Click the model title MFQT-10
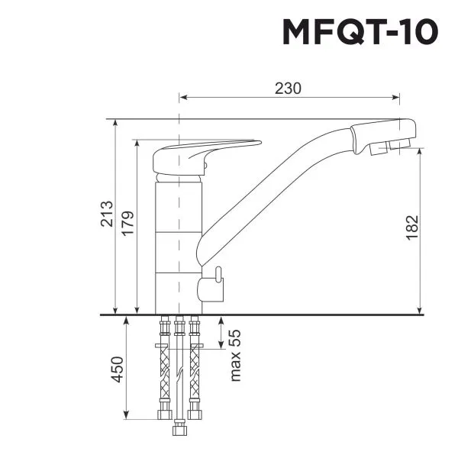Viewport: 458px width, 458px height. coord(360,33)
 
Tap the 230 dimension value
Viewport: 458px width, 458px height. coord(288,88)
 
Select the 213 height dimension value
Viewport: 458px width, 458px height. coord(106,216)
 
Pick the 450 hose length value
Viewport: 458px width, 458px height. coord(118,369)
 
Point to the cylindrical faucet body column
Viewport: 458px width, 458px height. coord(179,244)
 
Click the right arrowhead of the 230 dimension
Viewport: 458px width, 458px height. coord(397,98)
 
